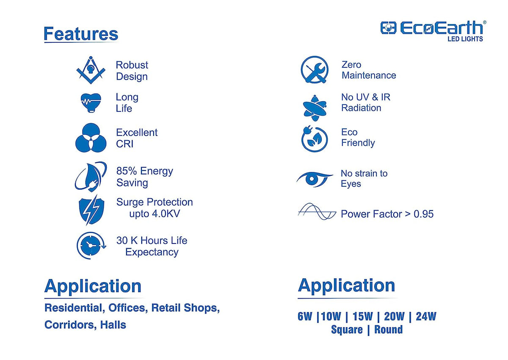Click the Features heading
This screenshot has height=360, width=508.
(x=81, y=33)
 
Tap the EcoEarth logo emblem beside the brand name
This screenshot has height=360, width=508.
(x=388, y=28)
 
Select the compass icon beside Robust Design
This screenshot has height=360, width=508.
(x=91, y=70)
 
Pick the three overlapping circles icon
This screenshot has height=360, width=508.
(x=91, y=138)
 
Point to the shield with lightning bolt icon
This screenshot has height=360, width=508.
(x=91, y=210)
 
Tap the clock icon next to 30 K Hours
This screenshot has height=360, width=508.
(x=91, y=245)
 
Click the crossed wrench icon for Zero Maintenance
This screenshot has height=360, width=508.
(x=315, y=70)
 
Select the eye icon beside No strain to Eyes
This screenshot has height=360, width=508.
(x=314, y=179)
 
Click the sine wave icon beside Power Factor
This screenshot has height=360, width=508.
(x=317, y=211)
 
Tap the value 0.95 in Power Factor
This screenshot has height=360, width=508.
(x=423, y=214)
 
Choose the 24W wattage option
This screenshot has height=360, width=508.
(x=426, y=316)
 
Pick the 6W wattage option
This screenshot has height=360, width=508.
(x=305, y=316)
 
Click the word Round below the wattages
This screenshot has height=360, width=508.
(x=388, y=330)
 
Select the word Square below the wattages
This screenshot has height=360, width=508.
(x=347, y=330)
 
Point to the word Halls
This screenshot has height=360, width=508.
(x=113, y=324)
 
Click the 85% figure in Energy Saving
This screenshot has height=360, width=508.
(x=127, y=171)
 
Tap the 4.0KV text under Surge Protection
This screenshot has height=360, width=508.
(x=166, y=213)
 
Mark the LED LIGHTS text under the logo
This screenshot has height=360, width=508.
(x=465, y=39)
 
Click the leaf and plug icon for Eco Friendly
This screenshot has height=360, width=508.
(x=314, y=138)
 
